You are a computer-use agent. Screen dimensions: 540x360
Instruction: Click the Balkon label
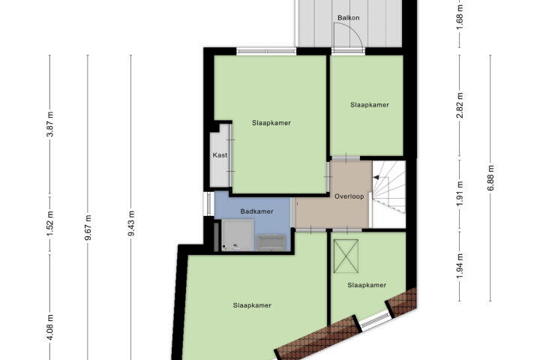point(349,17)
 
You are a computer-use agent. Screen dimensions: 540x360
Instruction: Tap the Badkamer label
point(257,211)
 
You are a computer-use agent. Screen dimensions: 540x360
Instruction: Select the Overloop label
point(349,196)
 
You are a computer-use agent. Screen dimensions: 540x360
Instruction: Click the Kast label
point(220,155)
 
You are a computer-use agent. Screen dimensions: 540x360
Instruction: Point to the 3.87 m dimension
point(50,124)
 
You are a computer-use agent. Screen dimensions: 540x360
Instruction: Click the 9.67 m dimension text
point(88,227)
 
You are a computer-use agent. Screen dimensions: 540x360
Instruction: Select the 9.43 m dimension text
point(131,224)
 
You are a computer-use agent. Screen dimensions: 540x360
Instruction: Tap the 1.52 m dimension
point(50,224)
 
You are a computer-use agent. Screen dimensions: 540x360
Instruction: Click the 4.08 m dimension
point(50,327)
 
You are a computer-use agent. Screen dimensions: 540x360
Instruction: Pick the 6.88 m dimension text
point(490,178)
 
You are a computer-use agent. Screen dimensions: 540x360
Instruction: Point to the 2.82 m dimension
point(460,106)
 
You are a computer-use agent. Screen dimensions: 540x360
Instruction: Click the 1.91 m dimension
point(460,193)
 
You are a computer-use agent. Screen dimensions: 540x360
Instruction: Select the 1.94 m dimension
point(460,266)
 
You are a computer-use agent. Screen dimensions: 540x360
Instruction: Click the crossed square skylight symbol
point(346,256)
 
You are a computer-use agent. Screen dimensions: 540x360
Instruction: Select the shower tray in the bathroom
point(238,235)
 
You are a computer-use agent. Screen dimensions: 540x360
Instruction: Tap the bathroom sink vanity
point(272,242)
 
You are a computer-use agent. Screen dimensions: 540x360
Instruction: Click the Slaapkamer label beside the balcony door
point(370,105)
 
